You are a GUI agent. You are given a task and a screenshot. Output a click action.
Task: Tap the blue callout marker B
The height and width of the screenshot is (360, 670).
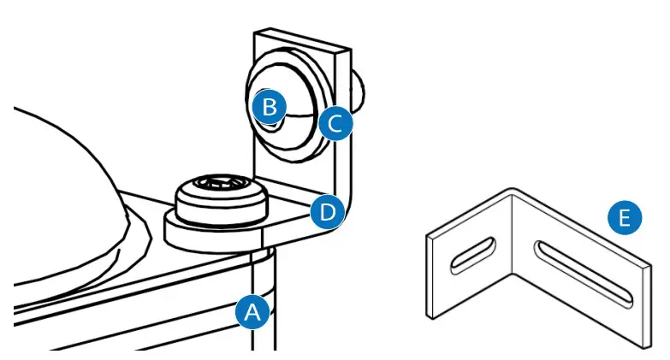tap(270, 108)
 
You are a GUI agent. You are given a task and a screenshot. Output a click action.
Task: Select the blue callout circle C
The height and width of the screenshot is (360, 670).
tap(335, 124)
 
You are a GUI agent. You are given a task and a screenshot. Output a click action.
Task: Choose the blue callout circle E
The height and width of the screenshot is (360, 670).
tap(626, 219)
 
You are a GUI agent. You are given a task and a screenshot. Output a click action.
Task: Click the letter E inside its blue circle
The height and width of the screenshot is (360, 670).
tap(626, 219)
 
